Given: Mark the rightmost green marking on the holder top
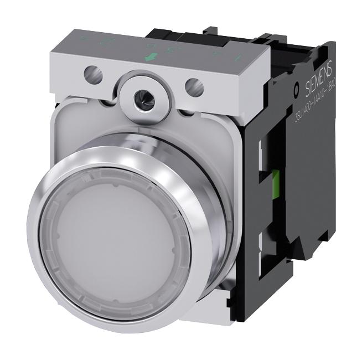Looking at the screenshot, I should (236, 57).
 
